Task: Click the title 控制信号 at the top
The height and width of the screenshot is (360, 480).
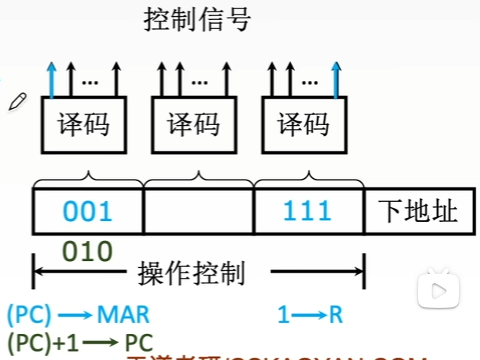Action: point(197,18)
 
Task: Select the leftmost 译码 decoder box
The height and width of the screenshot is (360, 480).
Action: point(83,124)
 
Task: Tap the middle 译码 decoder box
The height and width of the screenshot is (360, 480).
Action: point(193,124)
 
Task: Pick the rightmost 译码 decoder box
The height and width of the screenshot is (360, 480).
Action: point(303,124)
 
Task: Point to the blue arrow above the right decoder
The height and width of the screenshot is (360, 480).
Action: point(335,78)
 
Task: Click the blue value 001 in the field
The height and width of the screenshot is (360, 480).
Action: point(88,210)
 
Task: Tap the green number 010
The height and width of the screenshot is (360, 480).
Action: point(87,250)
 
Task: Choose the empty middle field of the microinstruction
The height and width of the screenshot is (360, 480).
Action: point(198,211)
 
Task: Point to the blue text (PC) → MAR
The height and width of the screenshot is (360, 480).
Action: point(78,314)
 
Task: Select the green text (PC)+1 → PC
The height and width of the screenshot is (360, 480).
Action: point(80,341)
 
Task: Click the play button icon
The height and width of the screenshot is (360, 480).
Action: point(439,290)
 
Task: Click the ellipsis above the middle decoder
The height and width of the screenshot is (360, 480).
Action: point(201,80)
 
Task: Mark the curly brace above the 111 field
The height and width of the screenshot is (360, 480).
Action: point(307,180)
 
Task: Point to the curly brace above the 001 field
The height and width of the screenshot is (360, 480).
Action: point(88,180)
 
